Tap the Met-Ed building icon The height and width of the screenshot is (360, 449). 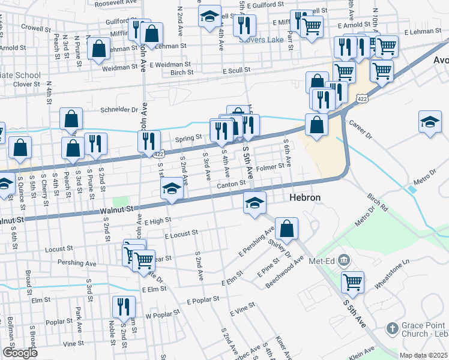coord(343,260)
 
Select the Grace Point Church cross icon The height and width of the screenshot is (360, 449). coord(391,328)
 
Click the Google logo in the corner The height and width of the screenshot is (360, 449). coord(20,353)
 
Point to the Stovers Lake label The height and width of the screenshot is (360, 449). coord(261,39)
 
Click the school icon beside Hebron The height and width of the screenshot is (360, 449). coord(255,203)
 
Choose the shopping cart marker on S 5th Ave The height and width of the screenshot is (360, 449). coord(352,281)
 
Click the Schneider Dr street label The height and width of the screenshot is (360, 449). coord(119,110)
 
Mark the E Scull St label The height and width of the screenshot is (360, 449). coord(236,70)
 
